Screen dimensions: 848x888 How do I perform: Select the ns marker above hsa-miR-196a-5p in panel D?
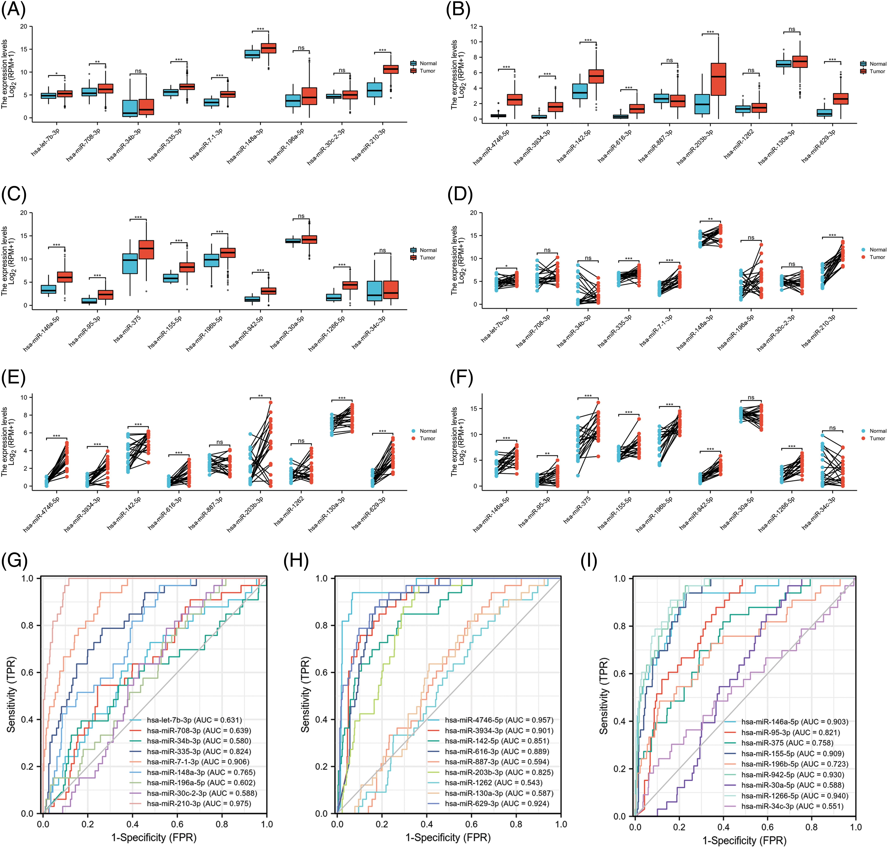click(751, 237)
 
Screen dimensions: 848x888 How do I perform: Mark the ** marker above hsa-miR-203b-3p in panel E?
click(261, 396)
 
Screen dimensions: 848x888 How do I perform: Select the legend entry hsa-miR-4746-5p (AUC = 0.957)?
click(499, 720)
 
